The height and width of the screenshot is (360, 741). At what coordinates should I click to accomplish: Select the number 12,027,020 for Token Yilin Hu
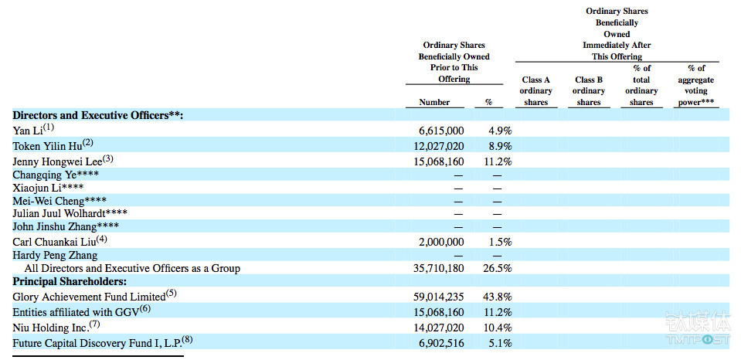point(439,146)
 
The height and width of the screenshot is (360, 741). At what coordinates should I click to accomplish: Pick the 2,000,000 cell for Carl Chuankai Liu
point(441,242)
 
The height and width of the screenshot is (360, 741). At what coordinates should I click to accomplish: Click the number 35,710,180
point(439,268)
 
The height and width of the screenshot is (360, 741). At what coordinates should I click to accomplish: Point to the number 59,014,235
point(439,297)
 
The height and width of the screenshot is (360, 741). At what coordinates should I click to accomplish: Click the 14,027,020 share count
point(439,328)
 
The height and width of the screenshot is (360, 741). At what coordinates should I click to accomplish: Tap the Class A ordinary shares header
point(536,91)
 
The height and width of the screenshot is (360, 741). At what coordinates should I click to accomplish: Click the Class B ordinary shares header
point(589,91)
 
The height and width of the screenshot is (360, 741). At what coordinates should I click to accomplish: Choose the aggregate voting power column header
point(695,86)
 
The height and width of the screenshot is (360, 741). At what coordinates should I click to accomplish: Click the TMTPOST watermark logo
point(698,328)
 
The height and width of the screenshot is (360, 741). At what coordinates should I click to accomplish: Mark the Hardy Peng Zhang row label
point(56,256)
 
